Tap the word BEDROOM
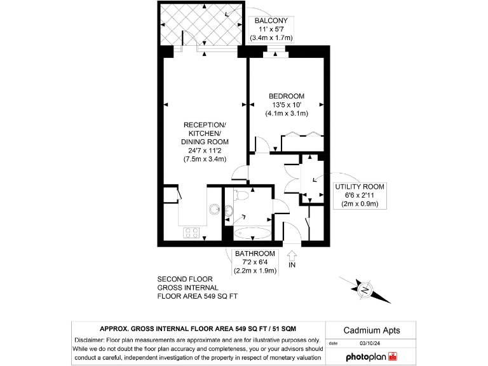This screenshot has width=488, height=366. pyautogui.click(x=286, y=96)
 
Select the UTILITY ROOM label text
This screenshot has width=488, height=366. pyautogui.click(x=360, y=186)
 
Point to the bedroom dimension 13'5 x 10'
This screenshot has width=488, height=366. pyautogui.click(x=286, y=105)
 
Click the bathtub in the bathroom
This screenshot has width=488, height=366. pyautogui.click(x=251, y=233)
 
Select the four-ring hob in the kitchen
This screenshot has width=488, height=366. pyautogui.click(x=191, y=233)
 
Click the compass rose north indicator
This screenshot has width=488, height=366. pyautogui.click(x=364, y=289)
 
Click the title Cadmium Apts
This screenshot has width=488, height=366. pyautogui.click(x=372, y=330)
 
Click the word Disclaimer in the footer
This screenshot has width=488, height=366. pyautogui.click(x=93, y=340)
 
